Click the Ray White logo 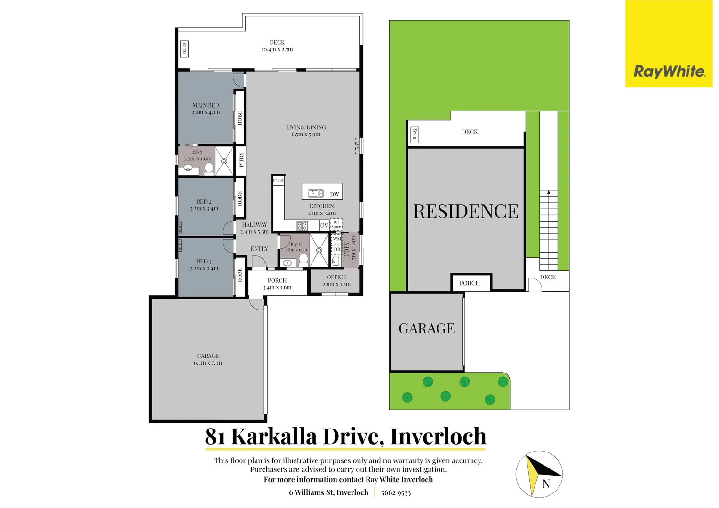point(669,71)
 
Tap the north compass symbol point(539,474)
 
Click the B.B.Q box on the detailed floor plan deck point(184,49)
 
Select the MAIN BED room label point(206,105)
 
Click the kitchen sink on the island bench point(315,193)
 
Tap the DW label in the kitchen point(335,194)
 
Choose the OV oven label point(324,226)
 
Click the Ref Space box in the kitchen point(336,225)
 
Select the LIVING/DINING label point(306,127)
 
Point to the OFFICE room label point(336,278)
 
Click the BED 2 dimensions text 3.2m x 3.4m point(204,209)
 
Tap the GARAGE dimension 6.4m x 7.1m point(208,363)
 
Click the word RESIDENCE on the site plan point(466,212)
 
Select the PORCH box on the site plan point(470,283)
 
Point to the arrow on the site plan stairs point(548,192)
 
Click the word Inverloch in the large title point(438,437)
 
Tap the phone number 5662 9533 point(396,492)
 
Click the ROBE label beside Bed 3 point(240,275)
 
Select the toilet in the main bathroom point(304,259)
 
